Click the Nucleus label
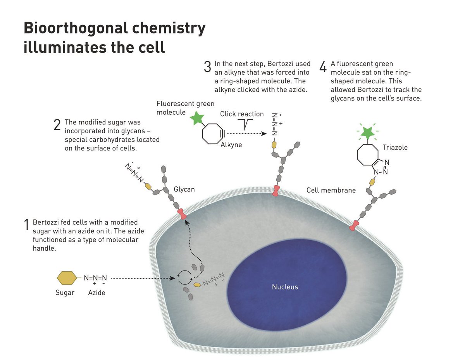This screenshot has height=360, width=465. click(285, 287)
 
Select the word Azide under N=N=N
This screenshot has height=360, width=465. click(96, 293)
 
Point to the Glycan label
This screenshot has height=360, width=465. click(184, 189)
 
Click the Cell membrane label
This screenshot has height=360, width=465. click(331, 190)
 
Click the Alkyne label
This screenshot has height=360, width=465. click(231, 145)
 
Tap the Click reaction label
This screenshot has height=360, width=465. click(242, 114)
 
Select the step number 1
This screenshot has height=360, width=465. click(27, 225)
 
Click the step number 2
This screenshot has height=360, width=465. click(57, 125)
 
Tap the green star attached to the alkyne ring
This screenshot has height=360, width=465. click(197, 119)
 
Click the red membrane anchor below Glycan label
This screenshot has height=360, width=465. click(182, 214)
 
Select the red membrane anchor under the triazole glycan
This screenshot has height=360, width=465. click(353, 226)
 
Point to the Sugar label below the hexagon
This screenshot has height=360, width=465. click(65, 293)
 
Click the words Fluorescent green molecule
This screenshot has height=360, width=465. click(185, 108)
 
